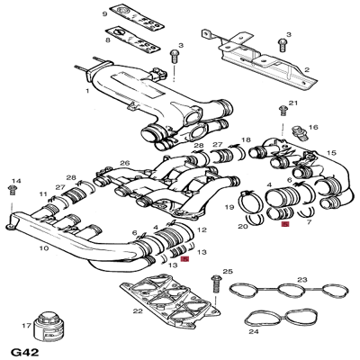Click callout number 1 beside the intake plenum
[x=87, y=91]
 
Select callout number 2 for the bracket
[x=306, y=69]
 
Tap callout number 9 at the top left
[x=103, y=14]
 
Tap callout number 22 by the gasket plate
[x=137, y=310]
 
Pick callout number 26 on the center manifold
[x=125, y=163]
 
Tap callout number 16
[x=313, y=128]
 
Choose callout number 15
[x=331, y=153]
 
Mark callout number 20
[x=242, y=227]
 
